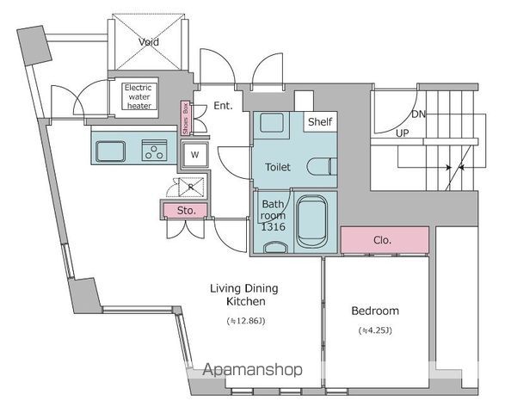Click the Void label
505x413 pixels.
coord(149,42)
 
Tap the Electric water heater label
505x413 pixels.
coord(139,96)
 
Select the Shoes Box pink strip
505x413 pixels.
coord(185,118)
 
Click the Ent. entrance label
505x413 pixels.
coord(223,106)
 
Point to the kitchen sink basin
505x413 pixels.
coord(110,151)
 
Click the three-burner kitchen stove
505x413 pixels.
coord(154,150)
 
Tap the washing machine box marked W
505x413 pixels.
coord(194,155)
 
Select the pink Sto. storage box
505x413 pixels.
coord(185,211)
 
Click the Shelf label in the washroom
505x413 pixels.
coord(320,122)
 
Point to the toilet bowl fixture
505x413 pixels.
coord(322,167)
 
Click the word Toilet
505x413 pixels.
coord(278,167)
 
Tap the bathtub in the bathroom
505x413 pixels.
coord(311,222)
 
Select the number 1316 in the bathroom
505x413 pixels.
coord(273,227)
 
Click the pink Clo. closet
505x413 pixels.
coord(385,240)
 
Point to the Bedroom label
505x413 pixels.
coord(375,311)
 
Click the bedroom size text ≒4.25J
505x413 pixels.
coord(375,330)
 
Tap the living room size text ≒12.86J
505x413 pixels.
coord(246,321)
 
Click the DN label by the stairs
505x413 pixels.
coord(418,114)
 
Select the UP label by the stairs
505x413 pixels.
coord(403,133)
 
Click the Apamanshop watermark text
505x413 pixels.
coord(253,370)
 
